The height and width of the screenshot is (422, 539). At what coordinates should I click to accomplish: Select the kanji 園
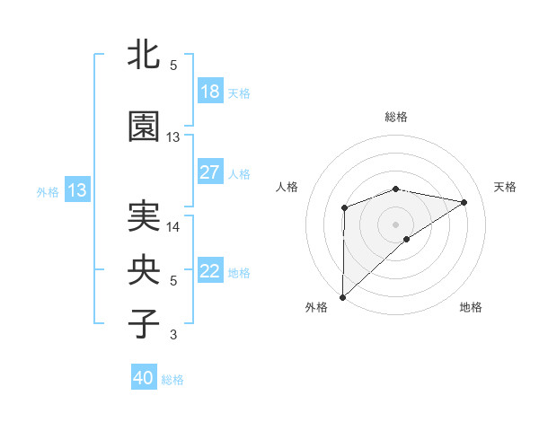click(x=145, y=127)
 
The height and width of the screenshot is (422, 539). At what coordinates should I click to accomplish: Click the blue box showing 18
click(x=210, y=92)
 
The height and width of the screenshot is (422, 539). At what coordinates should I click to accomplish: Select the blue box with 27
click(x=210, y=172)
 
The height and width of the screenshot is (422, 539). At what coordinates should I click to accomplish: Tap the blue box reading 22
click(x=210, y=271)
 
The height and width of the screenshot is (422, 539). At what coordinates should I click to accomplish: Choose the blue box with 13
click(x=77, y=190)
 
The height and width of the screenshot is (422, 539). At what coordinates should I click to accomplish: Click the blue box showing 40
click(x=144, y=378)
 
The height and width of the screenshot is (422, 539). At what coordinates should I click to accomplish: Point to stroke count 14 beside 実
click(x=173, y=227)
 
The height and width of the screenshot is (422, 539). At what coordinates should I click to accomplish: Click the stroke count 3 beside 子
click(x=173, y=335)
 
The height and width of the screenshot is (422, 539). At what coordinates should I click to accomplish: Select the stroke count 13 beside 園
click(x=173, y=137)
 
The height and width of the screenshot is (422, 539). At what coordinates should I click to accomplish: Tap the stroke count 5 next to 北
click(x=173, y=66)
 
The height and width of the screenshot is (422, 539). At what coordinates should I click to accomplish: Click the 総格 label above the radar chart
click(x=396, y=117)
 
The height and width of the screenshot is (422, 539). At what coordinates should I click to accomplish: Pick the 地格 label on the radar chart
click(x=471, y=307)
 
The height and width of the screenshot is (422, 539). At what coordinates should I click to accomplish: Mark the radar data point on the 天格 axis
click(x=464, y=202)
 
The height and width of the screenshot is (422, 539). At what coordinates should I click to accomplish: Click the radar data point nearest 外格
click(x=343, y=296)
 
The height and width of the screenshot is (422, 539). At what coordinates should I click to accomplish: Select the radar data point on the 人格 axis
click(x=344, y=208)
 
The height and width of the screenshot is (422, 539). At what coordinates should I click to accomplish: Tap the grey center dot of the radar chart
click(x=395, y=224)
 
